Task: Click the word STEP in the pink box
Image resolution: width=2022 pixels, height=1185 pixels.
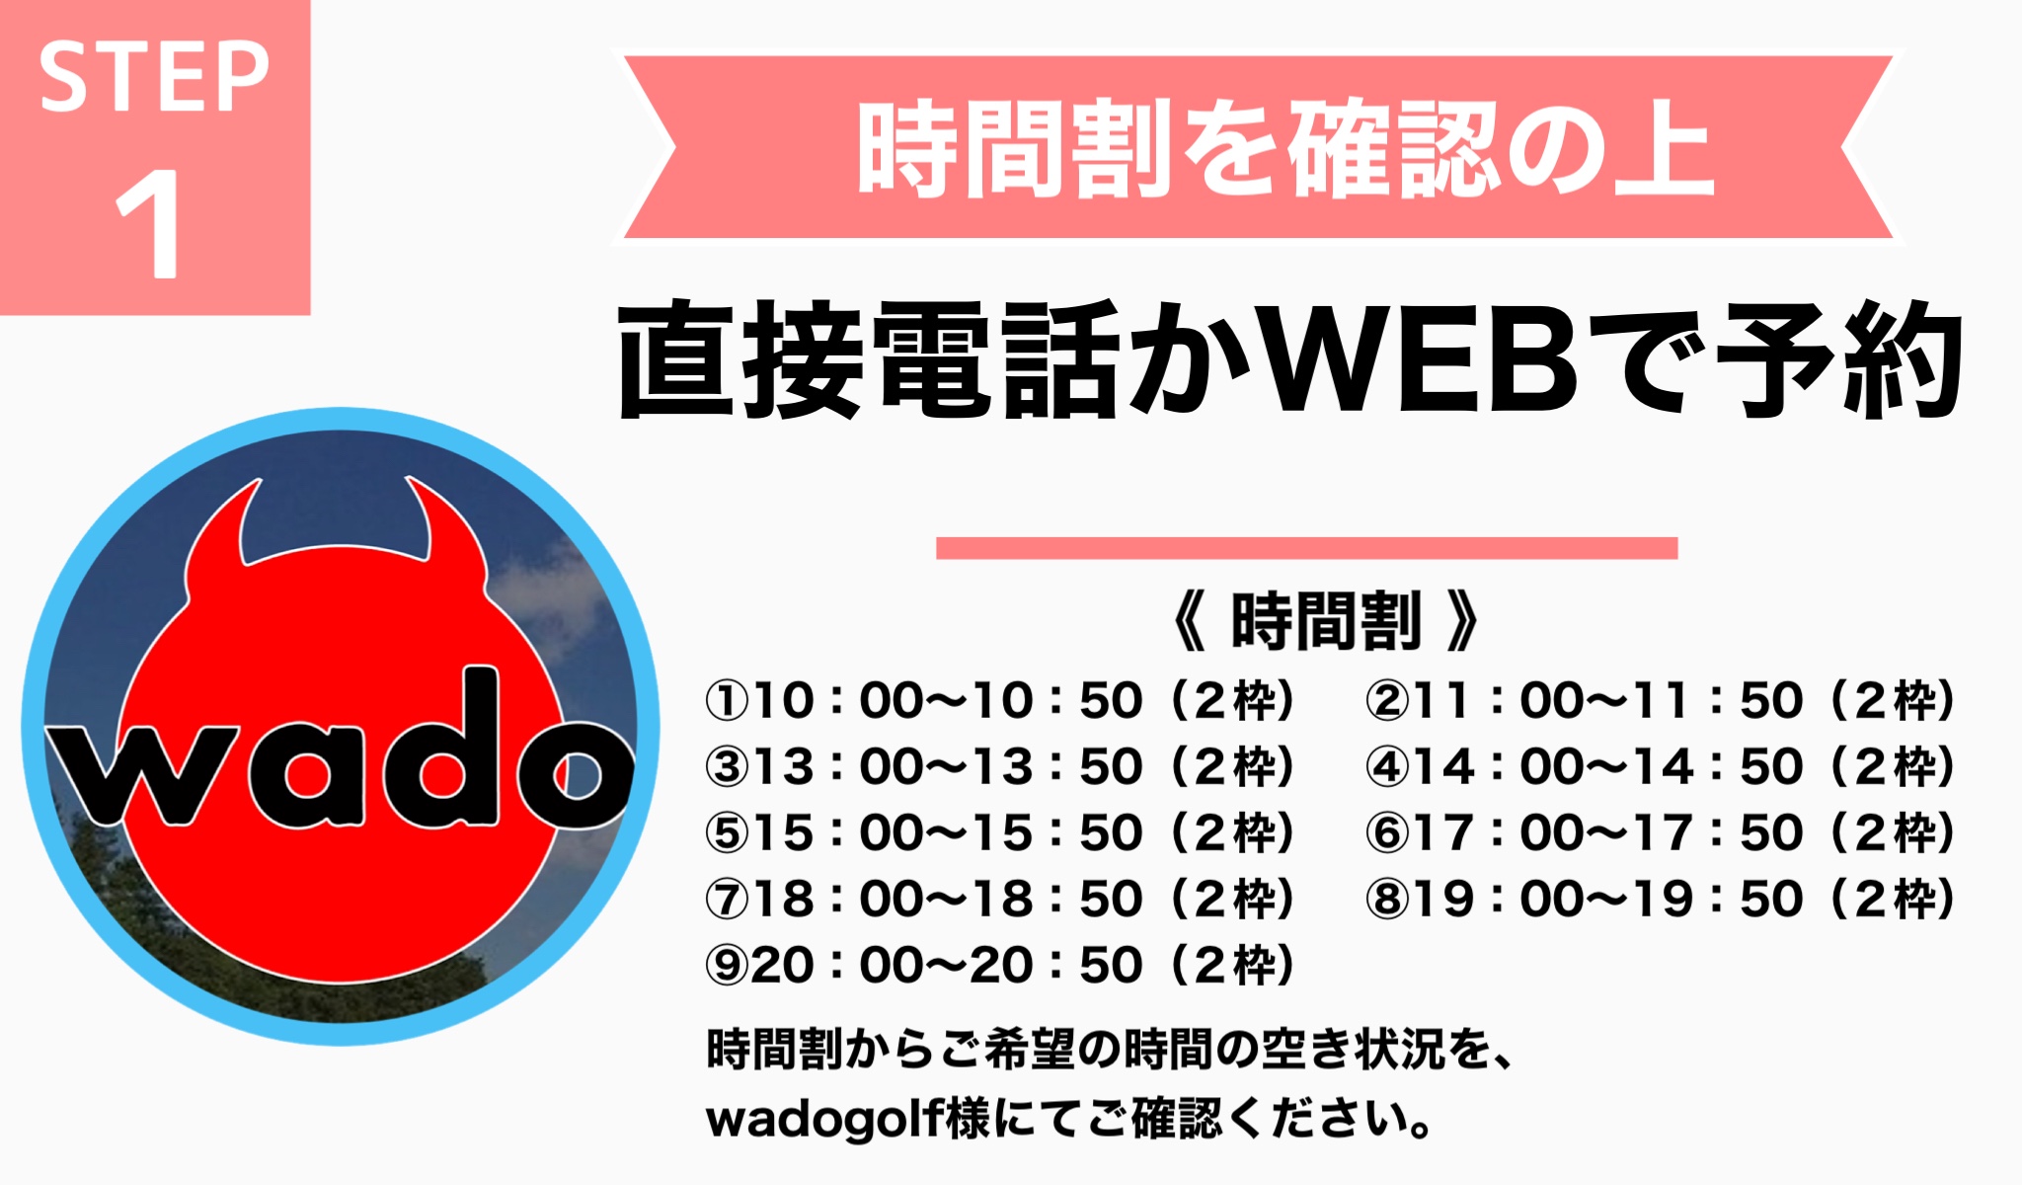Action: (153, 77)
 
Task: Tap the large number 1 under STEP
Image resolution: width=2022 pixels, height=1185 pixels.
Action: (150, 224)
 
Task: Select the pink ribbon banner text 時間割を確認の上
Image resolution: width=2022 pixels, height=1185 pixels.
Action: (1284, 149)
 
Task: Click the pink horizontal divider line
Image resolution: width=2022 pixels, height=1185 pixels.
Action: (1306, 548)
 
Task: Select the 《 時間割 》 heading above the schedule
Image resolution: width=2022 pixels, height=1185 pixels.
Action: (1325, 621)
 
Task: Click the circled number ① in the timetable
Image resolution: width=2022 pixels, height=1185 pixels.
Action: (728, 701)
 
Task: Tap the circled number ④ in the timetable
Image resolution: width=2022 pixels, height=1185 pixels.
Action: (1388, 767)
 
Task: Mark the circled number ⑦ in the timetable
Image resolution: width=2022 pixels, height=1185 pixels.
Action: (728, 900)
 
